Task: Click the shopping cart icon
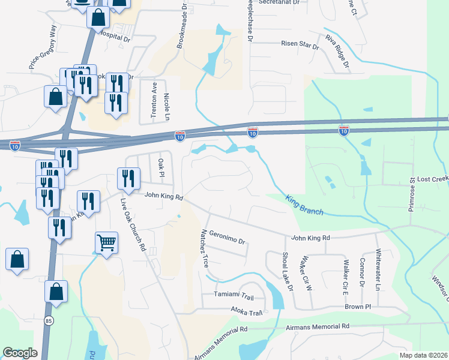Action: (106, 242)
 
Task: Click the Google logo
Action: (20, 353)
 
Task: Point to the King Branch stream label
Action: (304, 205)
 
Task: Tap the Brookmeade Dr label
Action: (182, 26)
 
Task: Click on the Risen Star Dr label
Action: (300, 44)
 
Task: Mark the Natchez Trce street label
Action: (205, 248)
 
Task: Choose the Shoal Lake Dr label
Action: (286, 272)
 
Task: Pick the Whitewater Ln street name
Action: (378, 270)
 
